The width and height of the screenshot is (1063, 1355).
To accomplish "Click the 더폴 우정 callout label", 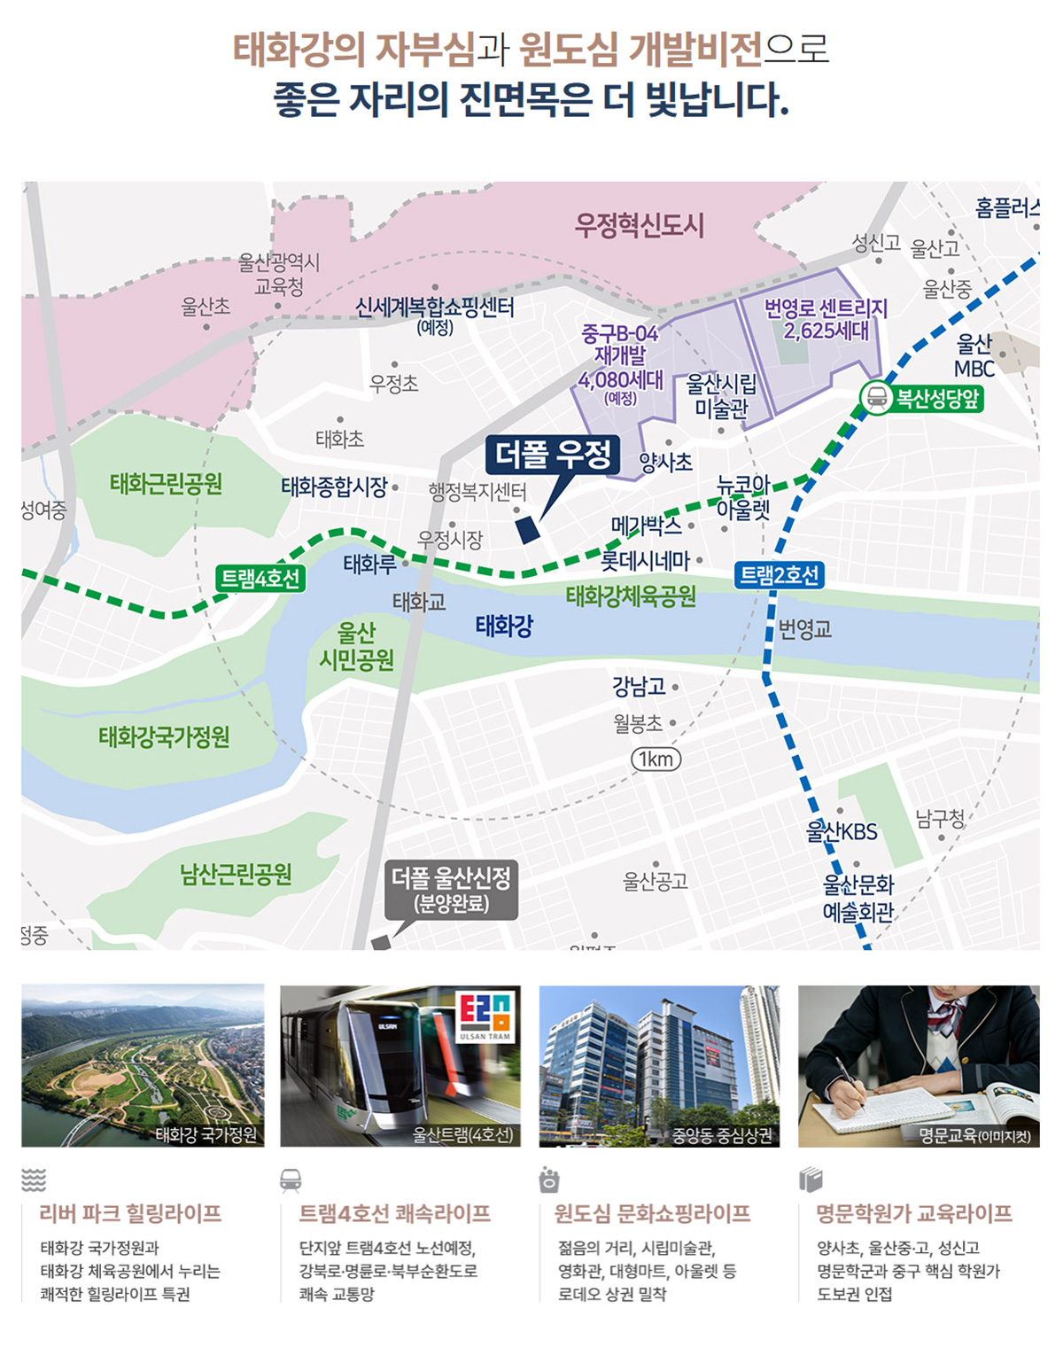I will tap(553, 456).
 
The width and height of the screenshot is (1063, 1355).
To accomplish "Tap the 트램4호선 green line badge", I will tap(260, 579).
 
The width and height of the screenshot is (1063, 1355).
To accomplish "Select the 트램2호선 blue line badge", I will tap(780, 575).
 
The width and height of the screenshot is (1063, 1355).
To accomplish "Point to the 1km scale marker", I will tap(656, 759).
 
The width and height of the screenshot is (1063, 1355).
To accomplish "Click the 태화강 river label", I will tap(504, 627).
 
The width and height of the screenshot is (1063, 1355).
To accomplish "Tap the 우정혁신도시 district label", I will tap(639, 225).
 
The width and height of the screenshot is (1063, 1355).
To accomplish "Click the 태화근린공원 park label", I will tap(166, 484).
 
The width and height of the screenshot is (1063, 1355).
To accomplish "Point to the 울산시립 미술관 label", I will tap(721, 396).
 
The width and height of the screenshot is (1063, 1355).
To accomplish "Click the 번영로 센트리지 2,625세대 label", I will tap(826, 319).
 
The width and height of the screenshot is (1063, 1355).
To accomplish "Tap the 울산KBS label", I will tap(842, 832).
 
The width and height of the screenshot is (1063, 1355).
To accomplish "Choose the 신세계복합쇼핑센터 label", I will tap(435, 309).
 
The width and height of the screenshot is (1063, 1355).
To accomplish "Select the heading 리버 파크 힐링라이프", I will tap(130, 1214).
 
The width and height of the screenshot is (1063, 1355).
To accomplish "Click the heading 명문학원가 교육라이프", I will tap(913, 1214).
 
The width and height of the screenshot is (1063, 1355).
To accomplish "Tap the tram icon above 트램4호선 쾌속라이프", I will tap(291, 1180).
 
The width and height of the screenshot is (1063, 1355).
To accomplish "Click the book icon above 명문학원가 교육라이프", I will tap(811, 1180).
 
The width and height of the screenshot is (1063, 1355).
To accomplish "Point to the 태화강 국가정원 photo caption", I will tap(206, 1134).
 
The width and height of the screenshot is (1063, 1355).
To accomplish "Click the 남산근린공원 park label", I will tap(236, 875).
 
